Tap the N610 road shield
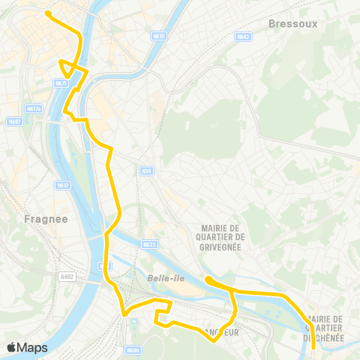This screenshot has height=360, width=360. (x=157, y=36)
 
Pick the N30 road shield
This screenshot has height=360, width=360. (x=146, y=171)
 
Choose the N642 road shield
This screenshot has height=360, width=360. (x=241, y=36)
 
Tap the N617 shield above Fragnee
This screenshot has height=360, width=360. (x=63, y=184)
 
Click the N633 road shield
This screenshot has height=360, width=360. (x=150, y=244)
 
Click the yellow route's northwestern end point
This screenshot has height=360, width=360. (x=48, y=13)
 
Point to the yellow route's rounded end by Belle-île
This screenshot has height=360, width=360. (x=207, y=280)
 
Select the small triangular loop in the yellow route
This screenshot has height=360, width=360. (x=70, y=68)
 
